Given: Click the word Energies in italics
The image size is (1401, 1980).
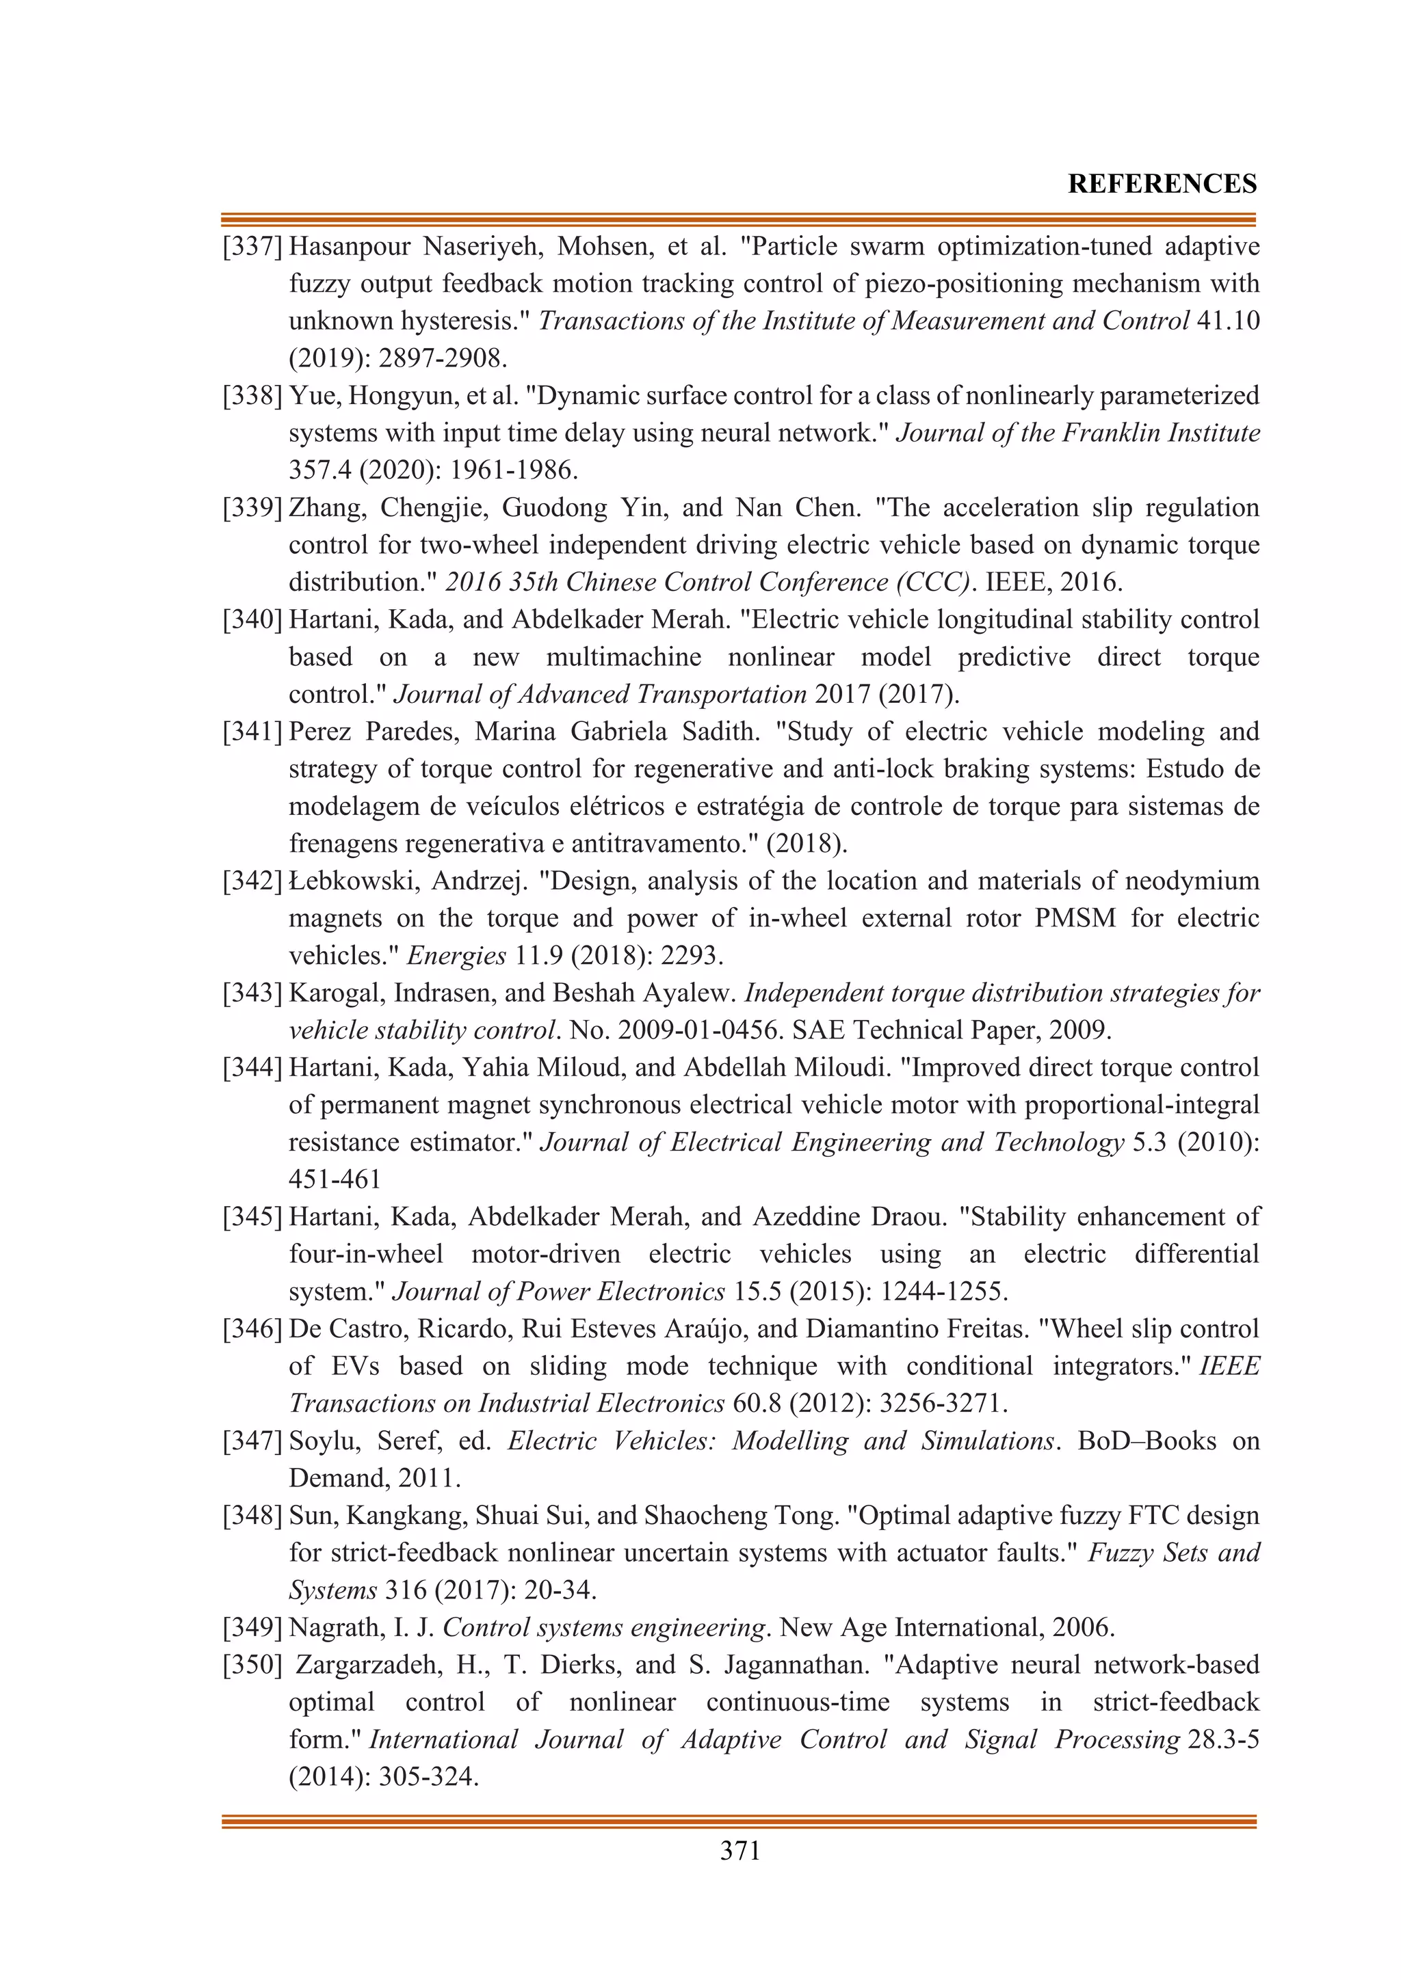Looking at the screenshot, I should coord(456,956).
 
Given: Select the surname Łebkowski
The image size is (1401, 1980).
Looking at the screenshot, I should coord(347,881).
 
